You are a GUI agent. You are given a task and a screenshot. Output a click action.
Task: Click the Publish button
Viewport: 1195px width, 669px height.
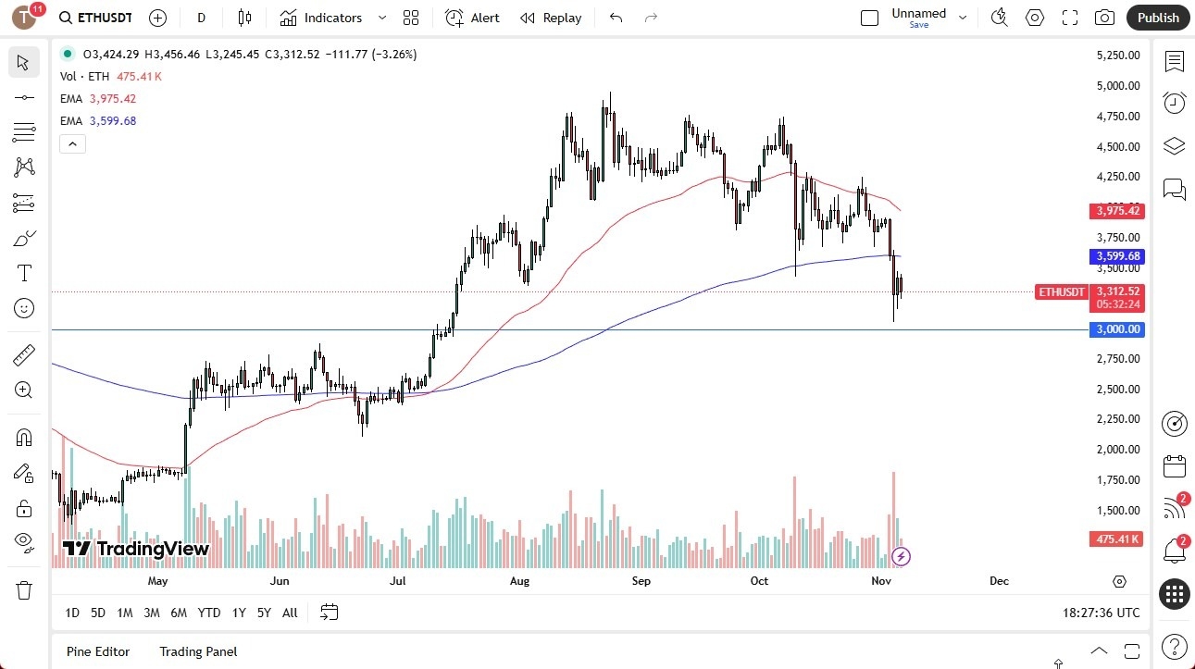coord(1157,18)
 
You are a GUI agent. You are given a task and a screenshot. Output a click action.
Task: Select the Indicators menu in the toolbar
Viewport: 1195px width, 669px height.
coord(321,18)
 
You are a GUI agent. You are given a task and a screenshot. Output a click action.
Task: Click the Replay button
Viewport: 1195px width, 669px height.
coord(551,18)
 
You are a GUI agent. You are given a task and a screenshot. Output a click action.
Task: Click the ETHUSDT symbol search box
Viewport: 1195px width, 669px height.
coord(94,18)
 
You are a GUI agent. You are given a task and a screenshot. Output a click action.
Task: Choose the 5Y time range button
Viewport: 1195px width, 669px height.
coord(264,613)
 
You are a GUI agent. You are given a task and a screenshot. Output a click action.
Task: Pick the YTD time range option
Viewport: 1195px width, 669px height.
coord(209,613)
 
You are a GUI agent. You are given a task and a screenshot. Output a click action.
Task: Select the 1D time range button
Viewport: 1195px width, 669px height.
coord(72,613)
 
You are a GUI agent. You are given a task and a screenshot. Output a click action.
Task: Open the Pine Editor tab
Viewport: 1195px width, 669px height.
coord(98,651)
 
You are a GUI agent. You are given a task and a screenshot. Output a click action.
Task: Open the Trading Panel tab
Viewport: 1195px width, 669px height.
coord(198,651)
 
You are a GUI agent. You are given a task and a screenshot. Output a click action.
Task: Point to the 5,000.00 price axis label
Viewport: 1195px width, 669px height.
coord(1117,86)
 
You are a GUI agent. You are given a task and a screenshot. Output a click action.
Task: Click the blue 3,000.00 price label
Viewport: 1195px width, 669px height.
coord(1117,329)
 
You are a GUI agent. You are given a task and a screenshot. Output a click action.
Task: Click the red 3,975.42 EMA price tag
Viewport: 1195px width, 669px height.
coord(1117,211)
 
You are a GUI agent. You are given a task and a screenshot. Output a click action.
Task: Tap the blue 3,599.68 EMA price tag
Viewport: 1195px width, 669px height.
coord(1117,256)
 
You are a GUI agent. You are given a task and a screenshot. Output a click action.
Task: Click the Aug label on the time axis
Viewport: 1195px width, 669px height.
coord(519,581)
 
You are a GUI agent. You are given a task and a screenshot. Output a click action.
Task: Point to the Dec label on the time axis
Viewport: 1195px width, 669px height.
coord(999,581)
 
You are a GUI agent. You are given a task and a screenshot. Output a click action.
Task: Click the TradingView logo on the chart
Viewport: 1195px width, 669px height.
coord(136,549)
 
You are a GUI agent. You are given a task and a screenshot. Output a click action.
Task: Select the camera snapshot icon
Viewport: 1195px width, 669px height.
coord(1104,18)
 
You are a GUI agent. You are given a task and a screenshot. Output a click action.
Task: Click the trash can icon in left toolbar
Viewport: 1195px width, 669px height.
coord(24,589)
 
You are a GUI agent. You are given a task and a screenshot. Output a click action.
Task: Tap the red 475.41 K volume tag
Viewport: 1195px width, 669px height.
coord(1117,539)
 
